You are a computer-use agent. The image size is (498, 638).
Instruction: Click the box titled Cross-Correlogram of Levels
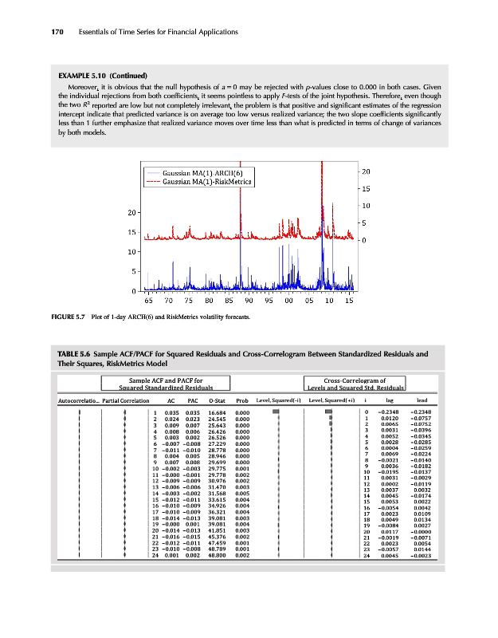pos(355,384)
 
